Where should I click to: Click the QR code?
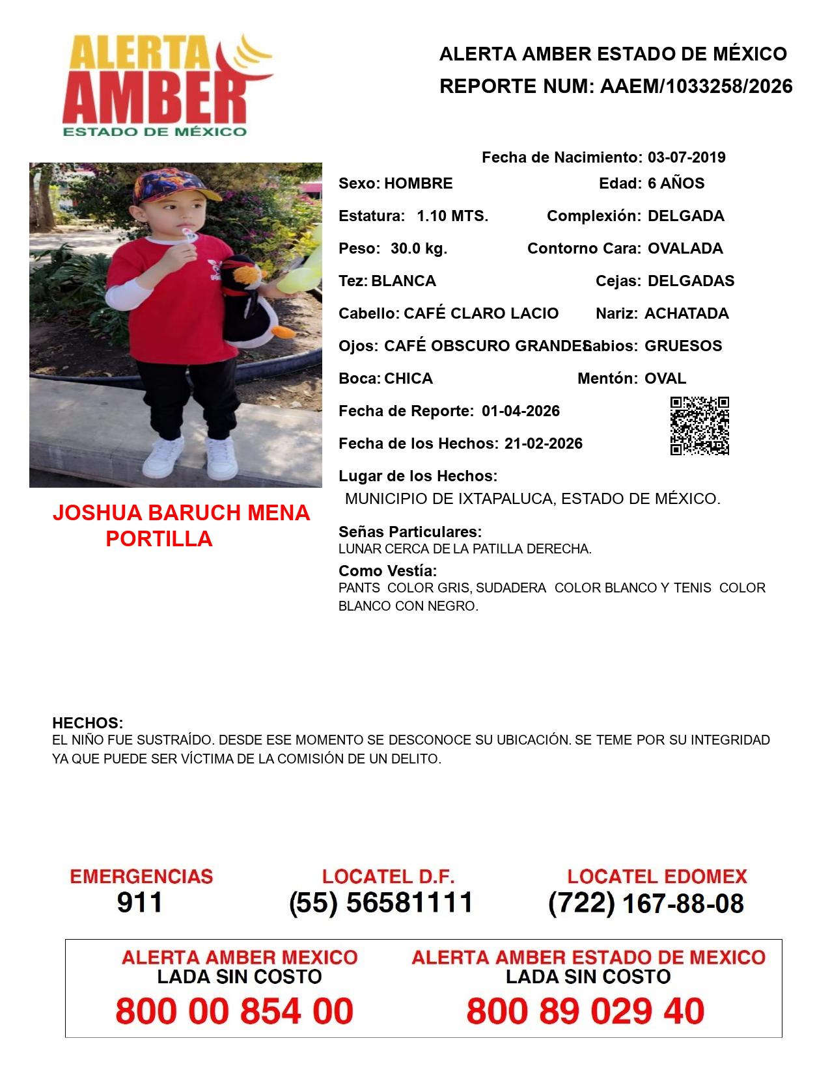[699, 426]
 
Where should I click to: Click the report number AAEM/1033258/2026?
[696, 86]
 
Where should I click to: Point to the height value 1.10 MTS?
[452, 216]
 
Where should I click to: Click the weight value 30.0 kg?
[419, 248]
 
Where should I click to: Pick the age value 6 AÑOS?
[676, 183]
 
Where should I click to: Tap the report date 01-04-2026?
[521, 411]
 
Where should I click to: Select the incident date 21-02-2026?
[543, 444]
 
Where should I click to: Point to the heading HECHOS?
[87, 723]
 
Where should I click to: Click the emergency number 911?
[140, 903]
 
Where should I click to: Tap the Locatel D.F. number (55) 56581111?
[381, 903]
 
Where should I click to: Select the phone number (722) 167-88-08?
[646, 903]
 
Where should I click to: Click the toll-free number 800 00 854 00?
[234, 1011]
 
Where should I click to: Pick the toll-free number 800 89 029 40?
[585, 1011]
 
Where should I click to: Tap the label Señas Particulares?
[410, 532]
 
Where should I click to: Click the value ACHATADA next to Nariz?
[686, 313]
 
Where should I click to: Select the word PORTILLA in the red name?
[159, 539]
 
